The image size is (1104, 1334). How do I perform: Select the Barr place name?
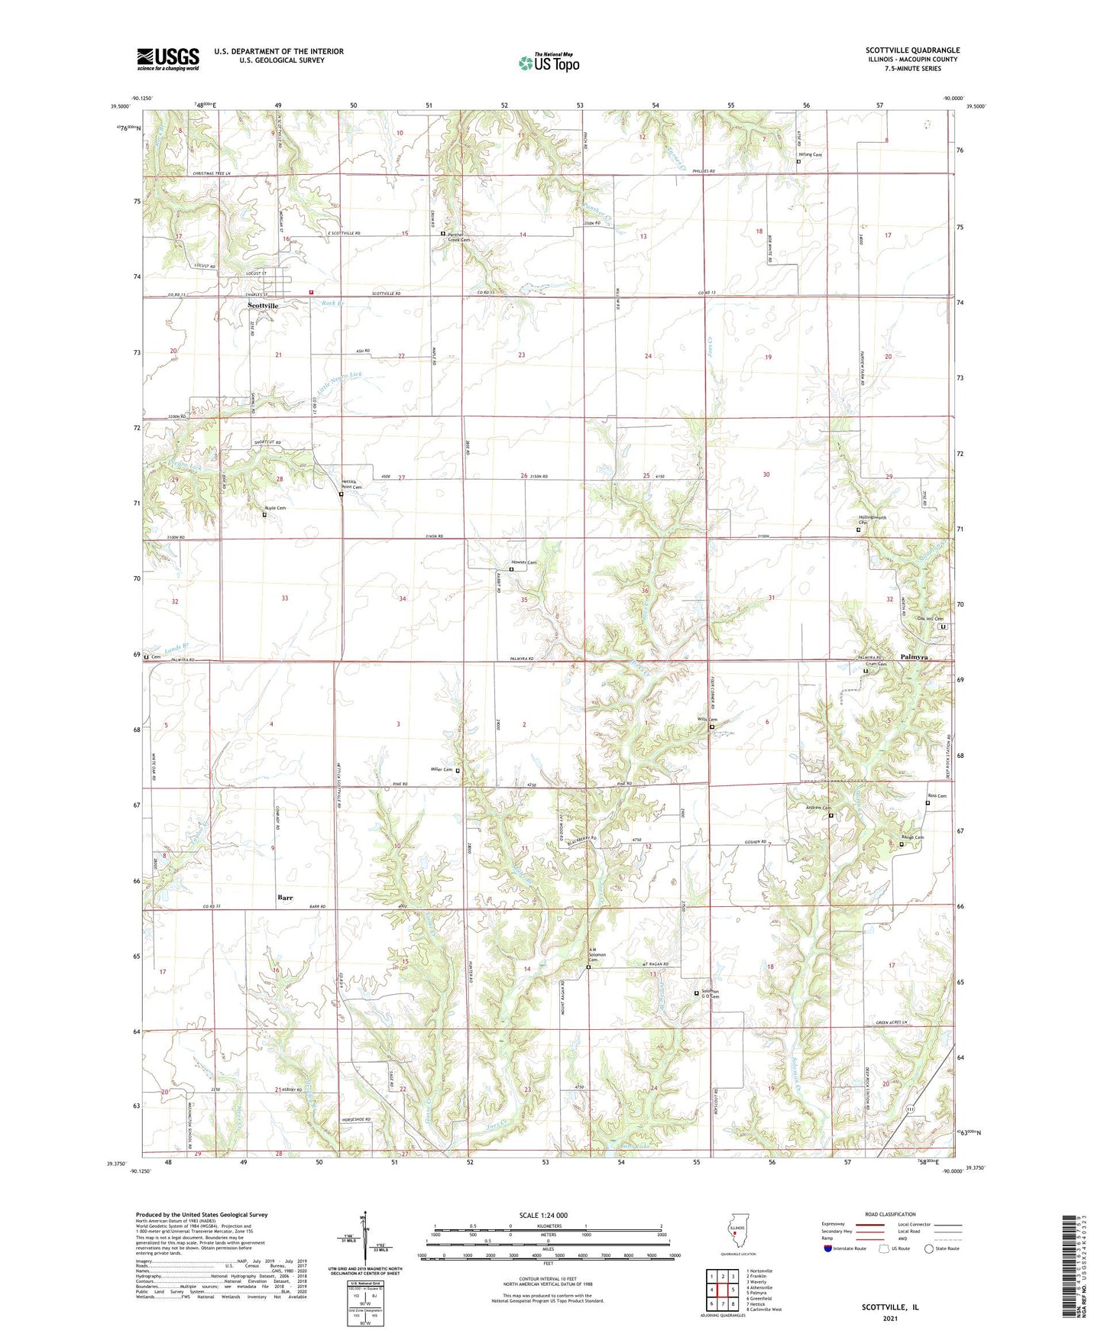pyautogui.click(x=285, y=897)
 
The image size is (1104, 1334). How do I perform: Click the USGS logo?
pyautogui.click(x=168, y=59)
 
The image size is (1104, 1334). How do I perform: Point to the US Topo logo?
pyautogui.click(x=549, y=63)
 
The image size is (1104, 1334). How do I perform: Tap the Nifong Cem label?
pyautogui.click(x=811, y=154)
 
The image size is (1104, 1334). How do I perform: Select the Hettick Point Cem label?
pyautogui.click(x=351, y=484)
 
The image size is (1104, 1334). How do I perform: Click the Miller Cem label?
pyautogui.click(x=442, y=769)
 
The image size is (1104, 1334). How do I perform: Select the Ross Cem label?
pyautogui.click(x=937, y=796)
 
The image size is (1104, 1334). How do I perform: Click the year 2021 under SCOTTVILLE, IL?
pyautogui.click(x=890, y=1319)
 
